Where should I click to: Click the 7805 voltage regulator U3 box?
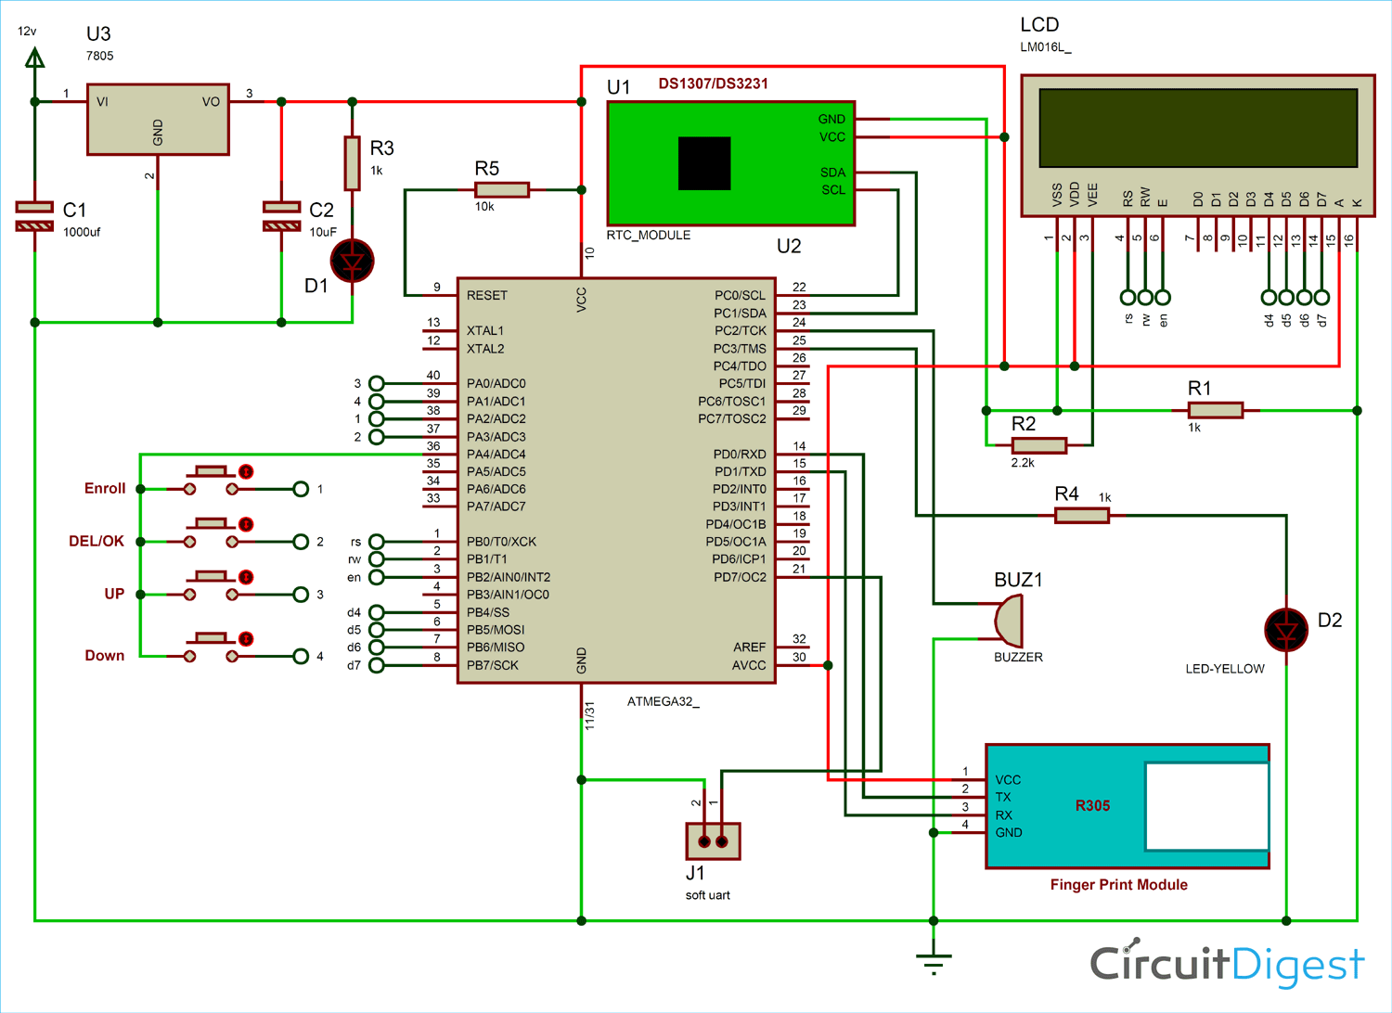pos(158,119)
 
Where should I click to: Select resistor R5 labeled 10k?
pos(501,190)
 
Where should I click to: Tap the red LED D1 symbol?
pos(353,262)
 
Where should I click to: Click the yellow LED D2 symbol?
pos(1286,630)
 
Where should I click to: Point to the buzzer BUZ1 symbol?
pos(1009,621)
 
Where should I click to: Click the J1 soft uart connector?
pos(713,841)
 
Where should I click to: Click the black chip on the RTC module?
pos(704,163)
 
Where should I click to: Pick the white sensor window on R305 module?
pos(1206,806)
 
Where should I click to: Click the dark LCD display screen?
pos(1198,128)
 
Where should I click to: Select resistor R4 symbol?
pos(1082,515)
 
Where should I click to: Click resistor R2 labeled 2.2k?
pos(1038,445)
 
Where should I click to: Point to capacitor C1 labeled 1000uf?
pos(34,215)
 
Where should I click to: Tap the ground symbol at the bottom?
pos(934,963)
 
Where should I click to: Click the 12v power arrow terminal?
pos(34,59)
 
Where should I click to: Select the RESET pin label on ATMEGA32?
pos(487,296)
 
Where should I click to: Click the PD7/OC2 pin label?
pos(739,577)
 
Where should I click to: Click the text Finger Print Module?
pos(1118,885)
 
